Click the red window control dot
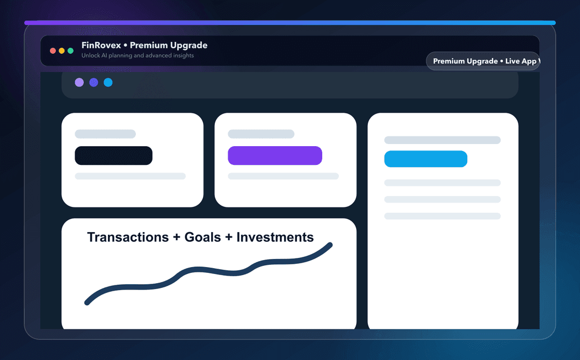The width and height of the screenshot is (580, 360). click(x=53, y=51)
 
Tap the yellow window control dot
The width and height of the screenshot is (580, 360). click(x=62, y=51)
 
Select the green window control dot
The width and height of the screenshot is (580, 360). click(x=70, y=51)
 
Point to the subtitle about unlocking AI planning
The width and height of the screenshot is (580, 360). click(x=137, y=55)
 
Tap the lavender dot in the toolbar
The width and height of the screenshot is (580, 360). click(x=79, y=82)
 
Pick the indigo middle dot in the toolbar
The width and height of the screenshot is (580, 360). click(x=93, y=82)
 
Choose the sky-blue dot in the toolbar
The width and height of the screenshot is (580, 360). click(x=108, y=82)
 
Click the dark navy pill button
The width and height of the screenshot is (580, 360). click(x=113, y=155)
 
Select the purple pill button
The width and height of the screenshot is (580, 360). click(x=274, y=155)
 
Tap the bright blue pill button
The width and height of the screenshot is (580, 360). click(x=425, y=159)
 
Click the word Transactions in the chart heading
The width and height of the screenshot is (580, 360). click(x=128, y=237)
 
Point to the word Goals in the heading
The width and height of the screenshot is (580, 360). click(x=202, y=237)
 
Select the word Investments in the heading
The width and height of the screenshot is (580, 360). click(x=275, y=237)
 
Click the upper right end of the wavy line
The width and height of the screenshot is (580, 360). click(x=330, y=246)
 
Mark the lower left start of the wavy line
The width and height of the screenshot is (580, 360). click(x=87, y=303)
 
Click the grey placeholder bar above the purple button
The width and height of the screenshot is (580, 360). click(x=261, y=134)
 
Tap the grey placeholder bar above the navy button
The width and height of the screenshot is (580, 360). click(x=105, y=134)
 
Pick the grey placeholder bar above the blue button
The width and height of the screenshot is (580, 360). click(x=442, y=140)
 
